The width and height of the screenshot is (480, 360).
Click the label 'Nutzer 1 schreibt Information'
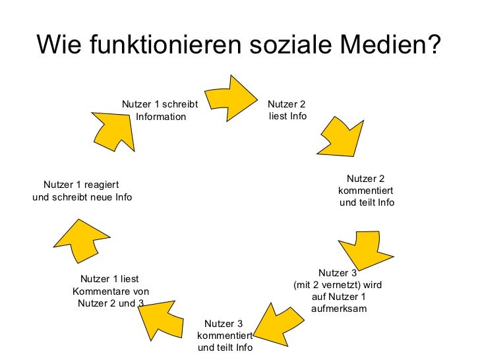[160, 110]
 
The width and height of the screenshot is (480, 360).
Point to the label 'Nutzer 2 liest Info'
[287, 110]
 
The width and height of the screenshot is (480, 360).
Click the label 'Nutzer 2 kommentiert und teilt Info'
[366, 191]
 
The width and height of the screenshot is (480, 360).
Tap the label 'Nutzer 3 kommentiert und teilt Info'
[224, 336]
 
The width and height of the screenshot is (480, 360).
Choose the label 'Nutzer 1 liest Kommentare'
[110, 291]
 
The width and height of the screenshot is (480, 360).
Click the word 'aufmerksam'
[338, 309]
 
